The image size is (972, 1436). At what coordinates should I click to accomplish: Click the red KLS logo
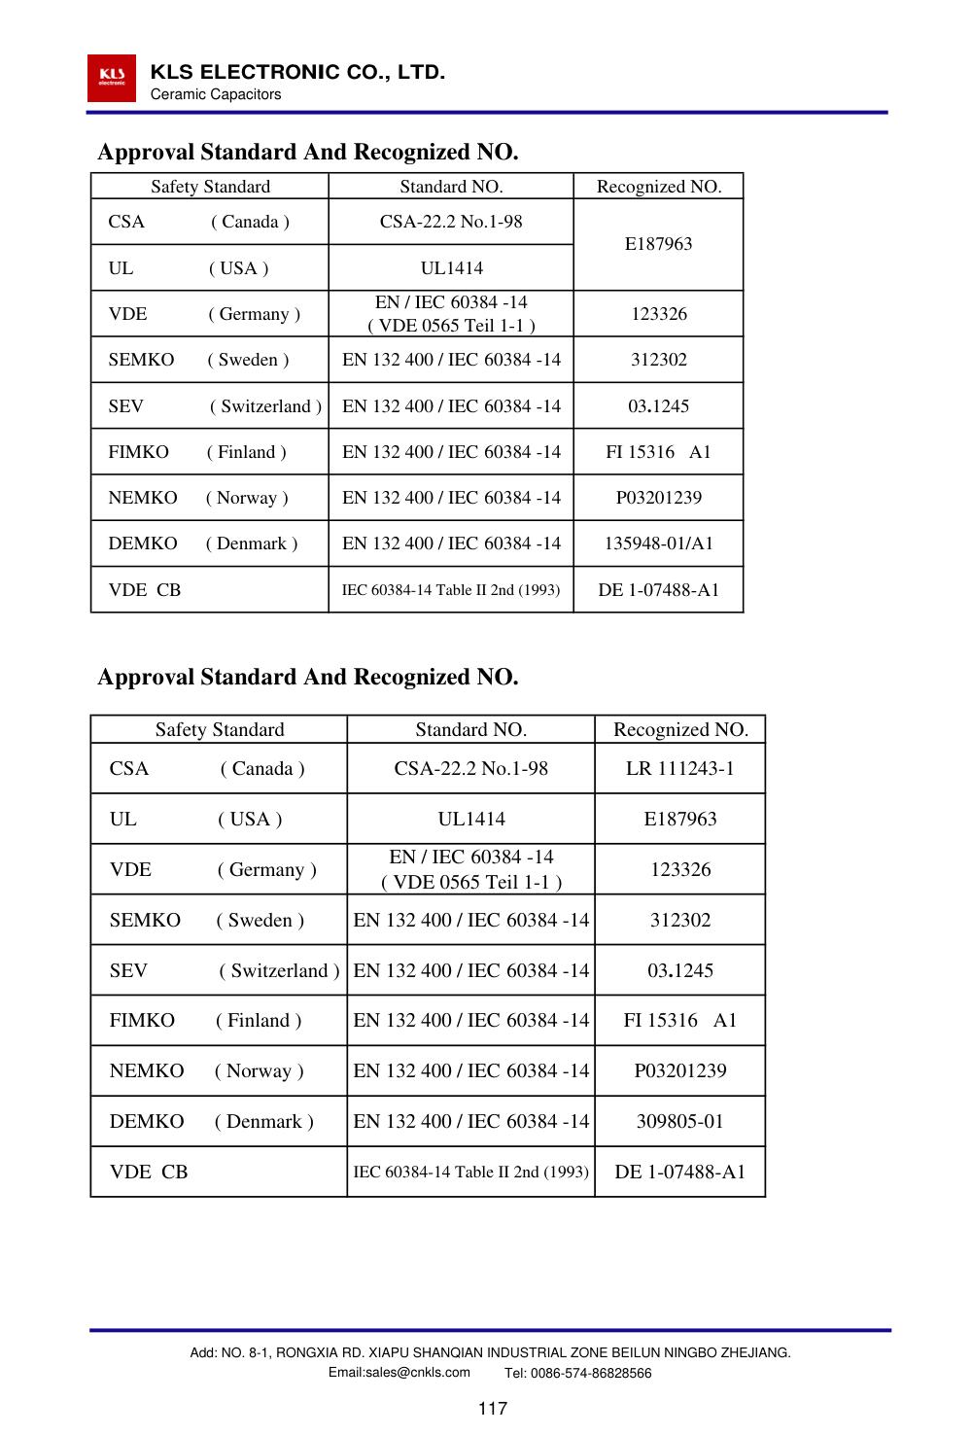click(112, 78)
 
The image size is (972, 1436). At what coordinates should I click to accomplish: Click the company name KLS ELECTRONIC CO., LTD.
click(297, 72)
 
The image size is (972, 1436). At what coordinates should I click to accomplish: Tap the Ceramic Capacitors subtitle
click(216, 94)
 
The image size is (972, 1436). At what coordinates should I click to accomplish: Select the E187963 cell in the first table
click(658, 244)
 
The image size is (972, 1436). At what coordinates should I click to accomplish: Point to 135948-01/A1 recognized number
click(658, 543)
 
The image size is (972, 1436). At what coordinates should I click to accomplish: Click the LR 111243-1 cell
click(679, 768)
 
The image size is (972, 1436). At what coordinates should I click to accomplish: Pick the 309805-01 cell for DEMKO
click(679, 1121)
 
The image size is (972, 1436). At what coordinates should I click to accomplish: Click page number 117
click(492, 1408)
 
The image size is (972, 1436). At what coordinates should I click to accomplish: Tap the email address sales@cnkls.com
click(399, 1373)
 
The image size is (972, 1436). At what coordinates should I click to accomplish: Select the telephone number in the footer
click(578, 1373)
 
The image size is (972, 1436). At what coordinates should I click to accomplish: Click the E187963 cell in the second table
click(679, 819)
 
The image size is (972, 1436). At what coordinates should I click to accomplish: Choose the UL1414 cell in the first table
click(451, 267)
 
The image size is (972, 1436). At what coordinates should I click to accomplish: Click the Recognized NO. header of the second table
click(680, 729)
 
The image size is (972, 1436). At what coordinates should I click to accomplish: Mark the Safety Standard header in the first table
click(210, 187)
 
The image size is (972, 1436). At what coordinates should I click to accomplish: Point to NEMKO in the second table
click(147, 1070)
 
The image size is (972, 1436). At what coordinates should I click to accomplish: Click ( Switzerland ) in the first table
click(265, 405)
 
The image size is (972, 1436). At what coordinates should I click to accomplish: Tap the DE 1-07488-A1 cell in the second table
click(679, 1172)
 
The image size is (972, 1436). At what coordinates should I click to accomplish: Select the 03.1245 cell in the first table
click(658, 405)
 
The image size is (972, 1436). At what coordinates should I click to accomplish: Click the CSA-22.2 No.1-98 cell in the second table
click(470, 768)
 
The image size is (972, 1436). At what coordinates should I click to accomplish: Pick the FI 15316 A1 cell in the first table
click(658, 452)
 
